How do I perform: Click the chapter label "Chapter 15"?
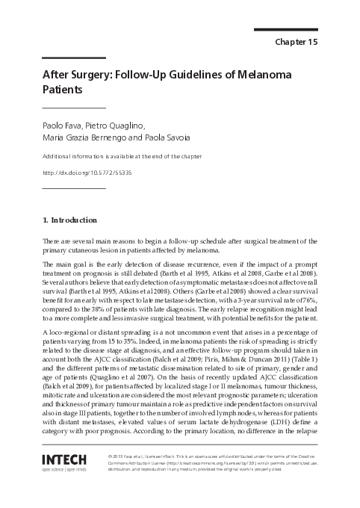tap(297, 43)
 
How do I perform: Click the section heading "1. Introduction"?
tap(69, 220)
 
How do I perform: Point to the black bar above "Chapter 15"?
tap(286, 29)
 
